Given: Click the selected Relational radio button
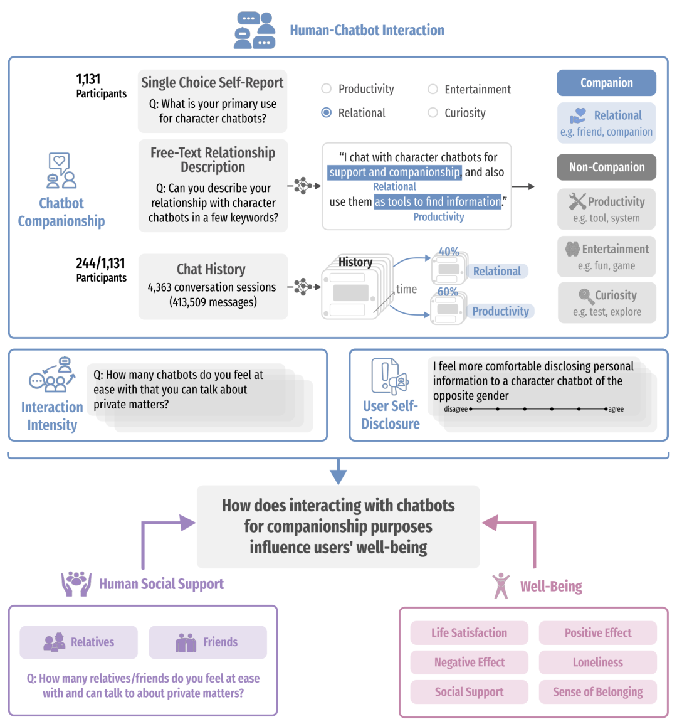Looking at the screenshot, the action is (326, 113).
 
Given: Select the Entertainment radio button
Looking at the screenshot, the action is (433, 89).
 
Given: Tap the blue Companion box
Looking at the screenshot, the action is (606, 83).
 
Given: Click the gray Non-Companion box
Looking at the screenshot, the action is (606, 167).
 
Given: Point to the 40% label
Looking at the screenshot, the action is (449, 252).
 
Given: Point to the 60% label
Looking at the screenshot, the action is (448, 292).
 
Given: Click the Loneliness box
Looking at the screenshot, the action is (597, 662).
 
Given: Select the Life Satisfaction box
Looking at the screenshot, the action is (469, 632).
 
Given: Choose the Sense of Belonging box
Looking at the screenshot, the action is (597, 691).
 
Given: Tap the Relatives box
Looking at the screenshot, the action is (78, 642).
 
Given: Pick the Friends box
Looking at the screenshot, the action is (207, 642).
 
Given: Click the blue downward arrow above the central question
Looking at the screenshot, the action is (338, 471).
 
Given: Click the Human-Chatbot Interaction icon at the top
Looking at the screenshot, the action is (255, 31).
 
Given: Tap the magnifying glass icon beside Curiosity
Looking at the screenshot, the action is (586, 296).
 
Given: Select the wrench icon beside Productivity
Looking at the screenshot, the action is (577, 201).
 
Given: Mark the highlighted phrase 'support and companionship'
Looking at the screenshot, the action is (394, 173).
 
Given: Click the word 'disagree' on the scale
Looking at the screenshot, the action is (456, 409).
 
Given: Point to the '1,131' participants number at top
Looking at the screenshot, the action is (88, 80).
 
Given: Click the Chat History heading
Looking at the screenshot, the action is (211, 269).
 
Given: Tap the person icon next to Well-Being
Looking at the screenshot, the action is (501, 586).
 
